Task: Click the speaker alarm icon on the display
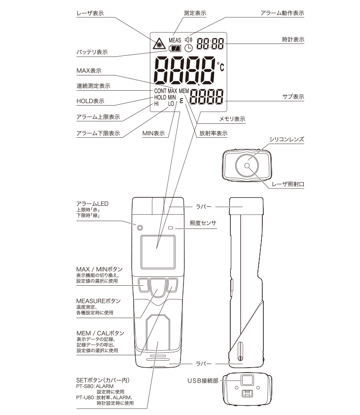pos(189,39)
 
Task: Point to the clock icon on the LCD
pos(189,48)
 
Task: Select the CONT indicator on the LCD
pos(160,91)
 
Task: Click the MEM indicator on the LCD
pos(184,91)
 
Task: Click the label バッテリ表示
pos(92,52)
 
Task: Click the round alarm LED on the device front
pos(140,228)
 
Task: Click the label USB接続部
pos(203,380)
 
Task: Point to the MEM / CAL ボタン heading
pos(100,334)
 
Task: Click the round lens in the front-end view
pos(247,166)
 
